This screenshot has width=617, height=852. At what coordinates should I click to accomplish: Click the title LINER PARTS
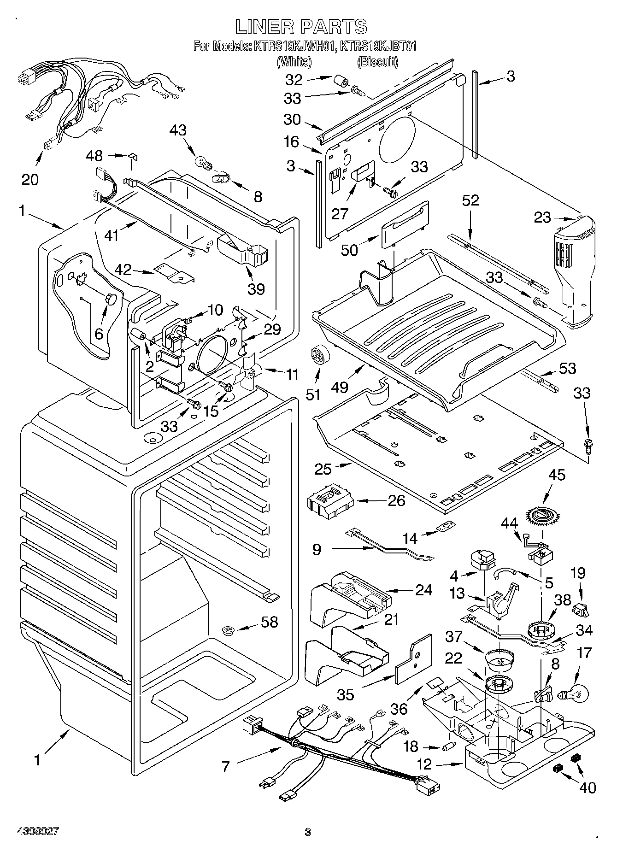[301, 26]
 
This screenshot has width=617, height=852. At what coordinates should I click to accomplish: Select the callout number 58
[269, 622]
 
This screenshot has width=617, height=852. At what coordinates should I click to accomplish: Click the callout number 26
[396, 500]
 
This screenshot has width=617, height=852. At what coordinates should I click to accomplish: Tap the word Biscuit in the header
[377, 61]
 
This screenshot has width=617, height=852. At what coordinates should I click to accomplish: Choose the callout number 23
[543, 217]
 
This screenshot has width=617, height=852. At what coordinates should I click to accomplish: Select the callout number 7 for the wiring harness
[225, 767]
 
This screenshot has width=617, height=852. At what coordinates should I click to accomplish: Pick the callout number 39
[257, 289]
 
